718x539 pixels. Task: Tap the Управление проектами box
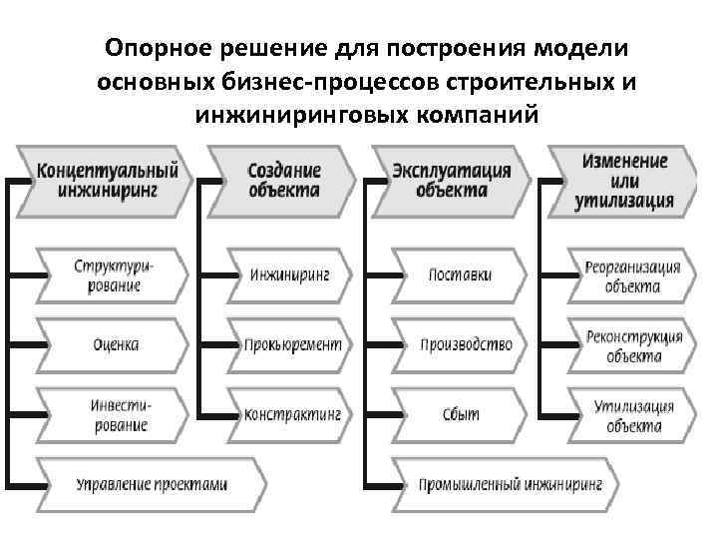pos(150,485)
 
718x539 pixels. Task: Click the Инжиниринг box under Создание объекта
pos(288,274)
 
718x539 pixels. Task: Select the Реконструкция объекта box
pos(631,345)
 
